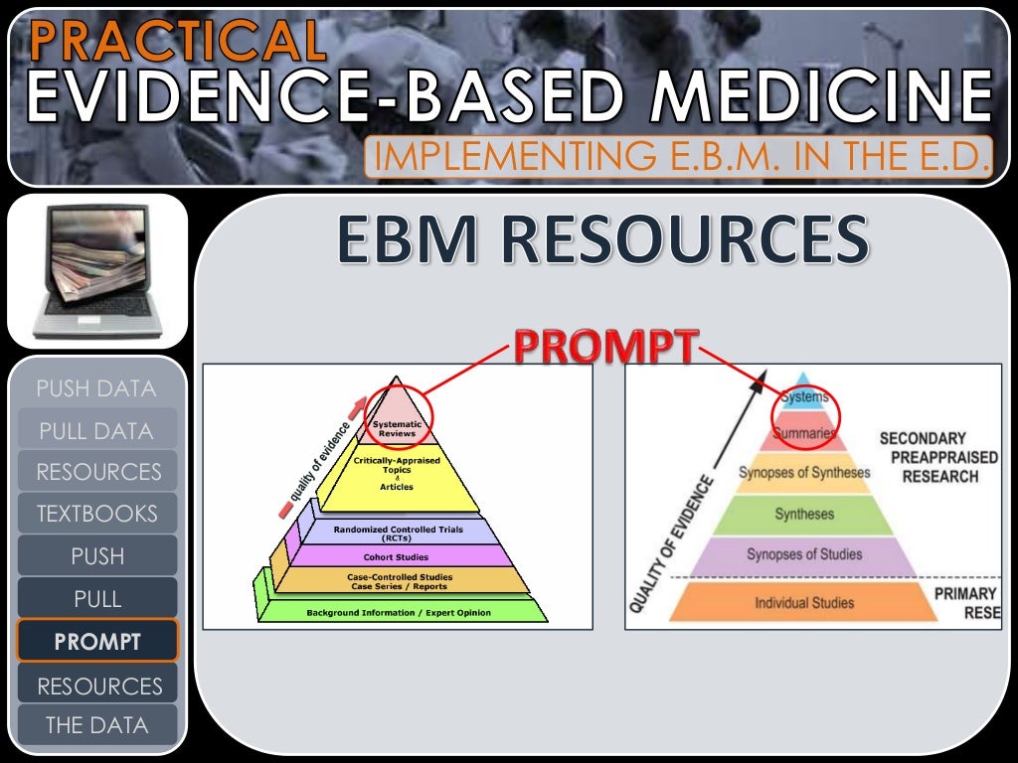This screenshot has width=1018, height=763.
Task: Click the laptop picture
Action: pyautogui.click(x=97, y=270)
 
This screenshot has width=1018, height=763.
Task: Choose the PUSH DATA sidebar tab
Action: pyautogui.click(x=96, y=388)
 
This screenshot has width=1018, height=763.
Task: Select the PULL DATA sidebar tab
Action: pyautogui.click(x=96, y=431)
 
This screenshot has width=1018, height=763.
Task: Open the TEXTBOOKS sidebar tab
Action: pyautogui.click(x=96, y=514)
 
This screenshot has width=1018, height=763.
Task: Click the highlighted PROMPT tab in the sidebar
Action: pyautogui.click(x=96, y=642)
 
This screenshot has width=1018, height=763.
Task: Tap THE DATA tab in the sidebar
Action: pyautogui.click(x=96, y=725)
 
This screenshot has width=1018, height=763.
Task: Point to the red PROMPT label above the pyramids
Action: pyautogui.click(x=605, y=349)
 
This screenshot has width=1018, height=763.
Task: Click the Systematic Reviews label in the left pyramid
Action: pyautogui.click(x=397, y=430)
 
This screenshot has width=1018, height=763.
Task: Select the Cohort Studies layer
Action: pyautogui.click(x=397, y=557)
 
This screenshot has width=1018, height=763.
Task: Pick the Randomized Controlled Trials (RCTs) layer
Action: pyautogui.click(x=397, y=533)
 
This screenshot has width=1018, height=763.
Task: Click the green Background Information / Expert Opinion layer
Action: pyautogui.click(x=398, y=612)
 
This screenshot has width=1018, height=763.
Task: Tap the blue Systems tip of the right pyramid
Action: pyautogui.click(x=804, y=397)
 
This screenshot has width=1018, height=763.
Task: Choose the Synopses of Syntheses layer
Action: pyautogui.click(x=804, y=473)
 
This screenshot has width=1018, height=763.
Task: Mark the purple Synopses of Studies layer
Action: pyautogui.click(x=804, y=554)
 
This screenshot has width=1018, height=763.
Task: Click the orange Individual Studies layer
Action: pyautogui.click(x=804, y=602)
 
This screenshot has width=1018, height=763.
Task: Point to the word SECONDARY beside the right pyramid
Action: pyautogui.click(x=923, y=438)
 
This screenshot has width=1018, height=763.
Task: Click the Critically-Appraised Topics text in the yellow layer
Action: pyautogui.click(x=397, y=466)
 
